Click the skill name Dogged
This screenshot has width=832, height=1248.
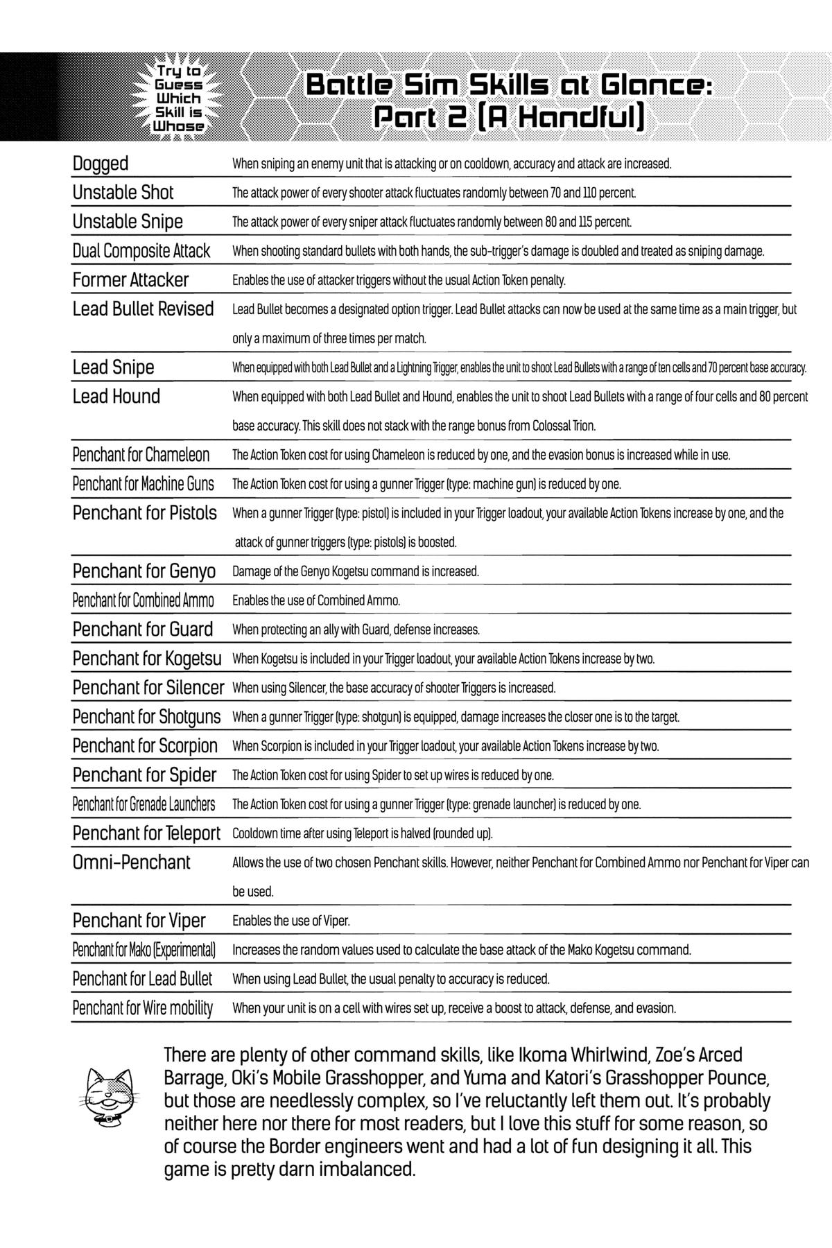coord(101,164)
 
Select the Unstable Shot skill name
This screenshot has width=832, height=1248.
coord(123,193)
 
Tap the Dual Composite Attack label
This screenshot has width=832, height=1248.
coord(141,251)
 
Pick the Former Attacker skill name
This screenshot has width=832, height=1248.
coord(130,280)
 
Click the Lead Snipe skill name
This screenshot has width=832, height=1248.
coord(113,367)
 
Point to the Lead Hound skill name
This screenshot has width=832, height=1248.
coord(116,397)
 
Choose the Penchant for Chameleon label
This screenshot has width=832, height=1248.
coord(141,455)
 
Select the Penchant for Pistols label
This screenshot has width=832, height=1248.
coord(144,513)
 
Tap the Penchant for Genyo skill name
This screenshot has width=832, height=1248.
coord(144,571)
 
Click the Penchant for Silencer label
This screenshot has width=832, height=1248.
coord(148,688)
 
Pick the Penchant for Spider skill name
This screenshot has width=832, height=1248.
coord(144,775)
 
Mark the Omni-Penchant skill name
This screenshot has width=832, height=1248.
coord(131,863)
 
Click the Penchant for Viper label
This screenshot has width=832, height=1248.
coord(139,921)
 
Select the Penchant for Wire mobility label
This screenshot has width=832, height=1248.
coord(142,1008)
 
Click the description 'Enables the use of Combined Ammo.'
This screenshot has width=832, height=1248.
coord(316,600)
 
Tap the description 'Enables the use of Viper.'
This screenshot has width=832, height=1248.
coord(291,921)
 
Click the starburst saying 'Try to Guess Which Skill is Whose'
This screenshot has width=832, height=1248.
coord(179,98)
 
